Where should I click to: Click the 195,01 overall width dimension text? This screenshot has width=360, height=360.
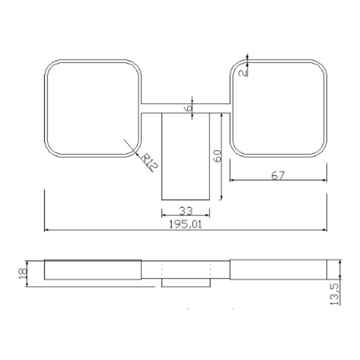pos(185,224)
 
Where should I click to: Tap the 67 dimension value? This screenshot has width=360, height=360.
pos(278,175)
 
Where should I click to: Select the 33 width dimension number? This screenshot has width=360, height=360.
pos(186,211)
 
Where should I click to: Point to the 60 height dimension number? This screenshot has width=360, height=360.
pos(217,156)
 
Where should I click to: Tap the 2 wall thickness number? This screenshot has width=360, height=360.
pos(243,73)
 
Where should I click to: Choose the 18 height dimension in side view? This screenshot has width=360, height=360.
pos(23,274)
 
